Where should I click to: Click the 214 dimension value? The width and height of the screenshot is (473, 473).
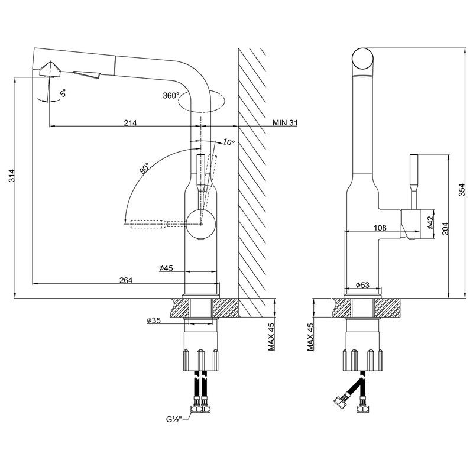click(130, 123)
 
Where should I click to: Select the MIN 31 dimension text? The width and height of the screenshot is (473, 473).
click(286, 123)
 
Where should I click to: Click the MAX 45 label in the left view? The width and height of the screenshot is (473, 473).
click(271, 338)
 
